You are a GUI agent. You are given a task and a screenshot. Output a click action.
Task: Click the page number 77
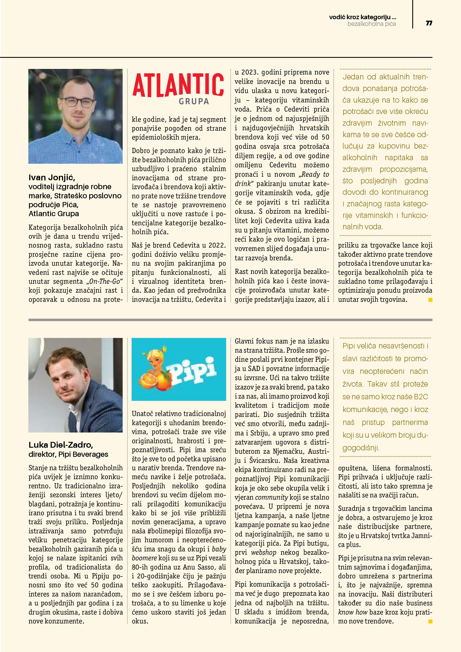[429, 23]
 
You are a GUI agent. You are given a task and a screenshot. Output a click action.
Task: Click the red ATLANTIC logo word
[178, 85]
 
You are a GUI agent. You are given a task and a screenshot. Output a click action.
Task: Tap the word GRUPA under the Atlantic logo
[194, 101]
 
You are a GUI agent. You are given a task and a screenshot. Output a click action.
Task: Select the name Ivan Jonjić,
[52, 178]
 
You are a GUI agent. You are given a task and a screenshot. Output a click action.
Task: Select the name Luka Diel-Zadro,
[61, 445]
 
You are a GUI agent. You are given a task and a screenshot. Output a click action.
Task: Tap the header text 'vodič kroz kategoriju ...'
[362, 17]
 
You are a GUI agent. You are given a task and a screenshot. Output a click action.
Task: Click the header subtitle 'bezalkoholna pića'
[372, 24]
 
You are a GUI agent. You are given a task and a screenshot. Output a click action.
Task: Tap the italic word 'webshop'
[263, 552]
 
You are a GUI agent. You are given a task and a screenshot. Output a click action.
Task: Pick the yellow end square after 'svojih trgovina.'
[430, 300]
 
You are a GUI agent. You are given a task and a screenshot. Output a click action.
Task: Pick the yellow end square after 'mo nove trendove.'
[430, 622]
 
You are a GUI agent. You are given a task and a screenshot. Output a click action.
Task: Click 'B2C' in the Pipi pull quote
[421, 397]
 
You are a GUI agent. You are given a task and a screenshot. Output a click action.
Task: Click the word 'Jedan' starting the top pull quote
[353, 77]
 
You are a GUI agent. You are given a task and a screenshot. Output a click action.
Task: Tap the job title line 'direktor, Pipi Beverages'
[68, 454]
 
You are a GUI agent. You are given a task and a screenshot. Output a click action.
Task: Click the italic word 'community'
[271, 497]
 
